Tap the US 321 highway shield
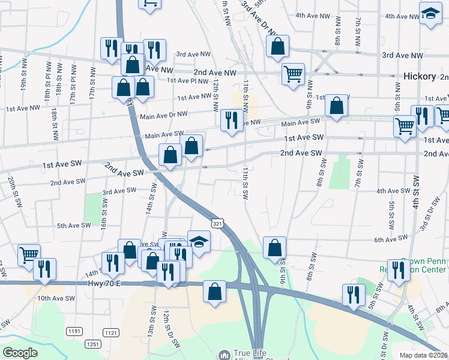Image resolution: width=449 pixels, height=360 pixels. click(218, 223)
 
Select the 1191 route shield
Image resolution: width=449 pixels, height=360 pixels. click(74, 331)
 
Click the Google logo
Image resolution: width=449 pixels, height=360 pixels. click(20, 353)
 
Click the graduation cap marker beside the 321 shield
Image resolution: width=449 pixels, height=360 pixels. click(199, 242)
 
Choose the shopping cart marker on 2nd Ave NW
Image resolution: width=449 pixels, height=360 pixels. click(293, 74)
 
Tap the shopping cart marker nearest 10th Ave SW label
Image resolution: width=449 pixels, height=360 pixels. click(29, 255)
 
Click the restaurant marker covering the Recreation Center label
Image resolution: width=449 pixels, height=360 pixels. click(397, 270)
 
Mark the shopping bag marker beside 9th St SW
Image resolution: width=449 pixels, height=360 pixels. click(274, 247)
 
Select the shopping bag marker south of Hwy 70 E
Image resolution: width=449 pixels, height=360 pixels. click(214, 292)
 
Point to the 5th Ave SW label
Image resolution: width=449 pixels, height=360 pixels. click(73, 226)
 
